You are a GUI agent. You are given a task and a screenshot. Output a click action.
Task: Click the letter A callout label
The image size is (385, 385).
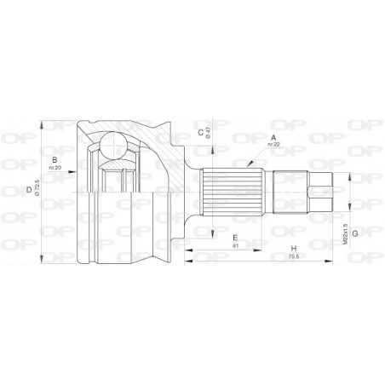(274, 137)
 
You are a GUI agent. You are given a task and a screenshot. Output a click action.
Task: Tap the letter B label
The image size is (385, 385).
(54, 159)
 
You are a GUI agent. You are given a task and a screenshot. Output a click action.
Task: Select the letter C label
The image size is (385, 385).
(200, 132)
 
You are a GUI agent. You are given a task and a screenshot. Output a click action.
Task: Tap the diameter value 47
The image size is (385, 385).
(210, 133)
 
